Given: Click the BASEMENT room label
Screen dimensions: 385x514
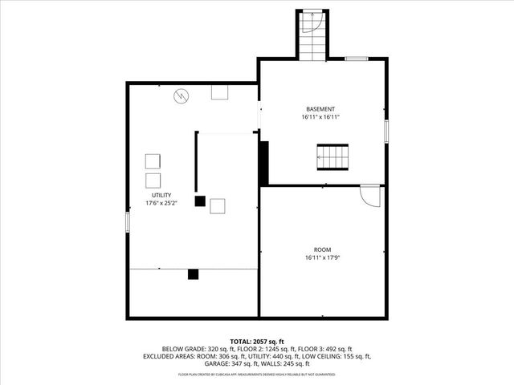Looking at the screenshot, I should click(x=320, y=109).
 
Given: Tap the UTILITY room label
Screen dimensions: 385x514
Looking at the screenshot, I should click(x=161, y=195).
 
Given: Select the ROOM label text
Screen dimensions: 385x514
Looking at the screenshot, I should click(x=322, y=249).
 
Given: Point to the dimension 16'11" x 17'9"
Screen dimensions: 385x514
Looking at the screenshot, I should click(x=322, y=258).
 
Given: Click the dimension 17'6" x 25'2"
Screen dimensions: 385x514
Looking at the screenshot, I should click(x=161, y=203).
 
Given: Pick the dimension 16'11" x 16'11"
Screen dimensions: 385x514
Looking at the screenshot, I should click(x=320, y=117).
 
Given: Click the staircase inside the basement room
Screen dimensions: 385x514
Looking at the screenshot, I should click(x=332, y=157).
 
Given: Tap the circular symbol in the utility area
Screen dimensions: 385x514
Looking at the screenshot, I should click(x=182, y=96).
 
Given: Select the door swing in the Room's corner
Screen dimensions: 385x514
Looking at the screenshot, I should click(x=369, y=195).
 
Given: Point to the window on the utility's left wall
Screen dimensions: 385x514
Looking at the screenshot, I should click(x=127, y=222).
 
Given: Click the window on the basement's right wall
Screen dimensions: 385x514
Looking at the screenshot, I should click(x=386, y=132).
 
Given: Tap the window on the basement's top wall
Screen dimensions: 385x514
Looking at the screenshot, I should click(x=357, y=59).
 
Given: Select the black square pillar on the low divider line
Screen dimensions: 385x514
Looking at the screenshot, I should click(x=193, y=274).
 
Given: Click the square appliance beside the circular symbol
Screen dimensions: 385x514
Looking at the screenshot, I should click(x=219, y=92).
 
